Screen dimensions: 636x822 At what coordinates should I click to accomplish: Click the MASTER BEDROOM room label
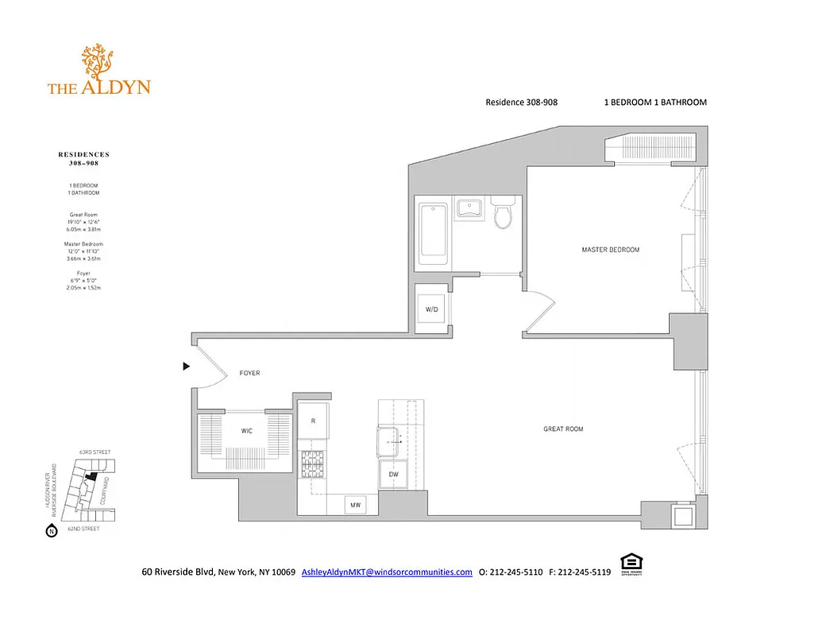[x=610, y=250]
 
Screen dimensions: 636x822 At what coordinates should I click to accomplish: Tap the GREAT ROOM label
[x=563, y=429]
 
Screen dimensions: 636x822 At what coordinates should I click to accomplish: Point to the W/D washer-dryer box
[x=432, y=309]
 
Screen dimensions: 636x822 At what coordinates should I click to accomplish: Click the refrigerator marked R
[x=315, y=421]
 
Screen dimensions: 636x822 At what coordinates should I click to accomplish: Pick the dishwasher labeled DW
[x=393, y=474]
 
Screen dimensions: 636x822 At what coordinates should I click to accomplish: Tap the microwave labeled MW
[x=354, y=505]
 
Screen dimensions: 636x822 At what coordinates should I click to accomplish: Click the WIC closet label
[x=247, y=432]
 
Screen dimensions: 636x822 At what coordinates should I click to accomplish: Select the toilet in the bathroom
[x=503, y=212]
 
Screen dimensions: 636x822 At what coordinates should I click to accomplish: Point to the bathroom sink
[x=470, y=209]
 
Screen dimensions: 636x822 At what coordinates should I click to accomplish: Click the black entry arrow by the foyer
[x=187, y=366]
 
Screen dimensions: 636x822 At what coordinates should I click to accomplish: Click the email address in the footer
[x=387, y=572]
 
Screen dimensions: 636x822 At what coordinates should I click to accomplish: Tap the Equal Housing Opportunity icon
[x=631, y=568]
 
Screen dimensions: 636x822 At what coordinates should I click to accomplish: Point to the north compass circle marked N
[x=52, y=530]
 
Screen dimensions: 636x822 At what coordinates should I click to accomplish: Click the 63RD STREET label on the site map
[x=95, y=452]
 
